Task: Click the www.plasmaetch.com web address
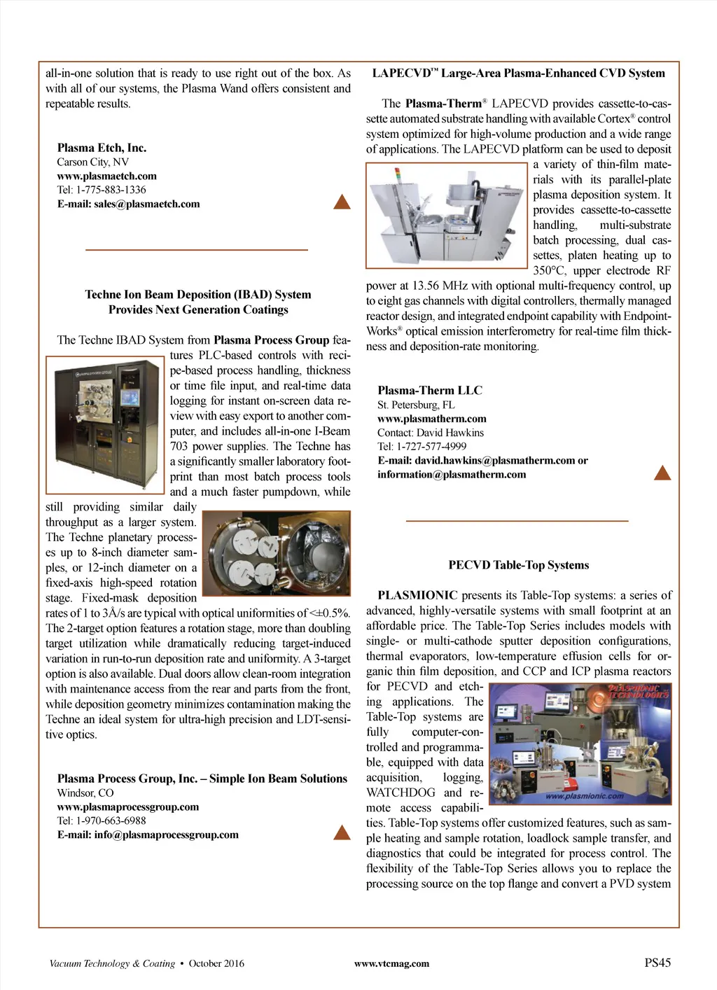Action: tap(106, 176)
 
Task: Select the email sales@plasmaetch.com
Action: tap(146, 204)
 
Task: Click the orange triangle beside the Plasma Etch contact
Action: tap(342, 202)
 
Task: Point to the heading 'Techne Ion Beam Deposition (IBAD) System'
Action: tap(198, 295)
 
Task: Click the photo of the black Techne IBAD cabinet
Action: tap(105, 424)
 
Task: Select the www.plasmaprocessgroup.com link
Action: tap(128, 807)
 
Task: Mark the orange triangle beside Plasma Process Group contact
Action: tap(342, 832)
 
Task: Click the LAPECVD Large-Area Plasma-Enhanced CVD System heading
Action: tap(518, 74)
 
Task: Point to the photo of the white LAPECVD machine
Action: tap(446, 215)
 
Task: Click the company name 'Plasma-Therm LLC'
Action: tap(430, 391)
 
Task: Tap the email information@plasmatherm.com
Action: tap(452, 475)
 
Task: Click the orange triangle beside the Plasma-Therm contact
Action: tap(662, 473)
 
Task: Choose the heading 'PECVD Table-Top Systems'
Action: tap(518, 566)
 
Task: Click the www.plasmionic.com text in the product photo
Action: tap(584, 796)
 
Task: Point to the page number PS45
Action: tap(657, 963)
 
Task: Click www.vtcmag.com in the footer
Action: tap(391, 964)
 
